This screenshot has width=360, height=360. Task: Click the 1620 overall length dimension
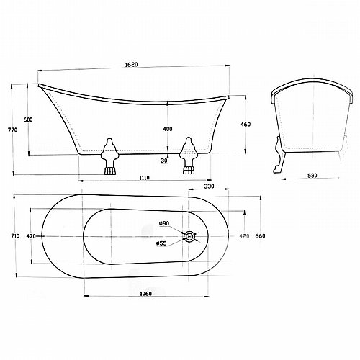point(132,65)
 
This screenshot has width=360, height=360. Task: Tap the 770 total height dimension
point(14,130)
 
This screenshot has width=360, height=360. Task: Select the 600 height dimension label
point(28,120)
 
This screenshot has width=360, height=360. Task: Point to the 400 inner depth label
point(168,129)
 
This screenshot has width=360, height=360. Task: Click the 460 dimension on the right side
point(246,125)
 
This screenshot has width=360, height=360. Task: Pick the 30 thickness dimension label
point(164,161)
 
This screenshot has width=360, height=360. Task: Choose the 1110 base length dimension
point(144,178)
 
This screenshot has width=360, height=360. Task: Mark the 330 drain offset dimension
point(209,186)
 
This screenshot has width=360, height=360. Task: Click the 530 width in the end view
point(312,176)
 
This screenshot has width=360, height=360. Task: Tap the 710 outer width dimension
point(15,236)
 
